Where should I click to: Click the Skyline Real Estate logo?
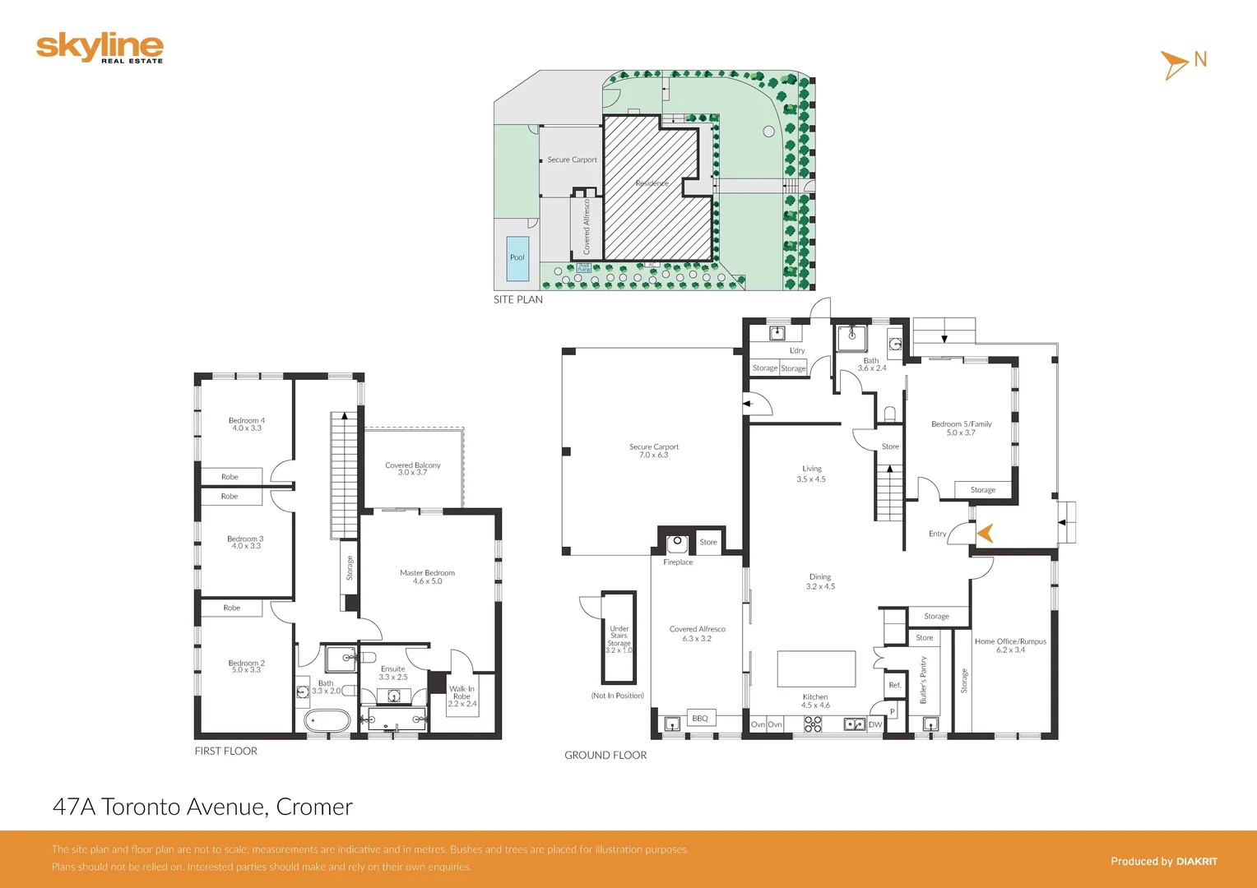100,48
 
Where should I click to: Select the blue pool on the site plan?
517,257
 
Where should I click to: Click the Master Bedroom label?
427,576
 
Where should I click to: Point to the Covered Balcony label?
413,469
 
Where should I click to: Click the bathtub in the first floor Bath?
327,722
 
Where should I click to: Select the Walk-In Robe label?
462,696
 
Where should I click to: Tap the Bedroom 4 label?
247,424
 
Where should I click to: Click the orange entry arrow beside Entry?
985,534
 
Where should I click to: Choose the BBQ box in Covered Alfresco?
700,718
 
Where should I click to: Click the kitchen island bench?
816,668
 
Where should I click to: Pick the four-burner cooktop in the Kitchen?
813,724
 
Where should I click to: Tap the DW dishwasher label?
874,724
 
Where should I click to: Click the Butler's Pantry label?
923,680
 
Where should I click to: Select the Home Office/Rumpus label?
1010,645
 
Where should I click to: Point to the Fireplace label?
678,562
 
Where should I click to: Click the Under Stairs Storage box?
619,638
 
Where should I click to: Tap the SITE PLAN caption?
517,299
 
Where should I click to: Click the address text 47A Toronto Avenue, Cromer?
202,807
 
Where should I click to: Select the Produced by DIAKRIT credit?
1163,861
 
